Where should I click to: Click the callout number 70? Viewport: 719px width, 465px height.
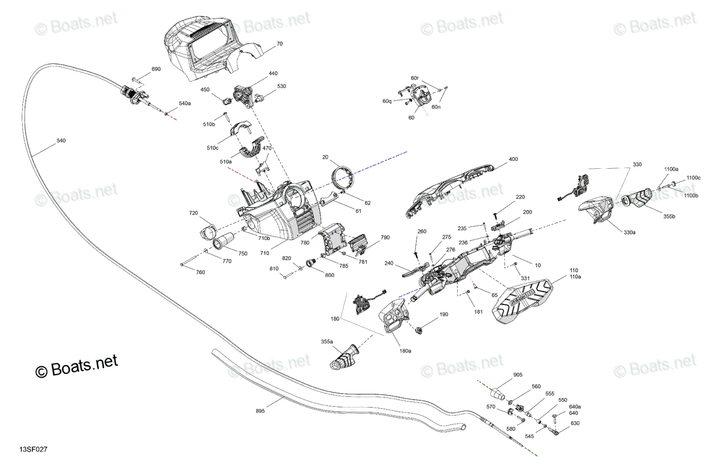[x=280, y=44]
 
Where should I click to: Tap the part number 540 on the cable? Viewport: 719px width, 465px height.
[x=61, y=141]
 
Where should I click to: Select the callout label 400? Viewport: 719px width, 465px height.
[x=513, y=159]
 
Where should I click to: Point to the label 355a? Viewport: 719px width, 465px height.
[x=327, y=342]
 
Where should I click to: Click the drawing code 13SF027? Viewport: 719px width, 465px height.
[x=34, y=449]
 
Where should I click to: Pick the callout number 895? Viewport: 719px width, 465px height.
[x=260, y=411]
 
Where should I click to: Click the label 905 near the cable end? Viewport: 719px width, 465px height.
[x=518, y=375]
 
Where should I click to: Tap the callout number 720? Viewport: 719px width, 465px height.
[x=193, y=213]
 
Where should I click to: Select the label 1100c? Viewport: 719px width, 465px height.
[x=693, y=178]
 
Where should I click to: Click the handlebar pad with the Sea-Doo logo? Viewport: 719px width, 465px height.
[x=522, y=301]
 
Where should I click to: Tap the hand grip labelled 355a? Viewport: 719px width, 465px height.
[x=343, y=357]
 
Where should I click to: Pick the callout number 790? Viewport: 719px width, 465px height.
[x=385, y=238]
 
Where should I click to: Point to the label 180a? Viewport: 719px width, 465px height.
[x=405, y=351]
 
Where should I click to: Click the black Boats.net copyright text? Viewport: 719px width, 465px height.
[x=77, y=366]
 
